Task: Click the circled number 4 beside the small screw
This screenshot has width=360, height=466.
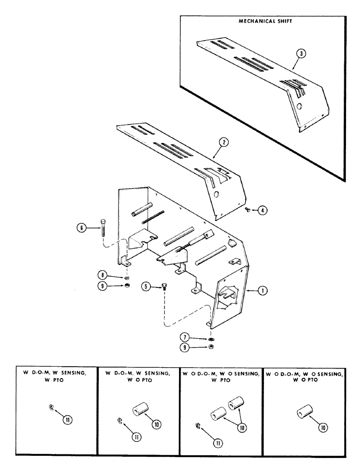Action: (263, 211)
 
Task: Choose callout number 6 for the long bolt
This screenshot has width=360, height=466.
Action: (82, 228)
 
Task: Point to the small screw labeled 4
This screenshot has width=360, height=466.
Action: (248, 211)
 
